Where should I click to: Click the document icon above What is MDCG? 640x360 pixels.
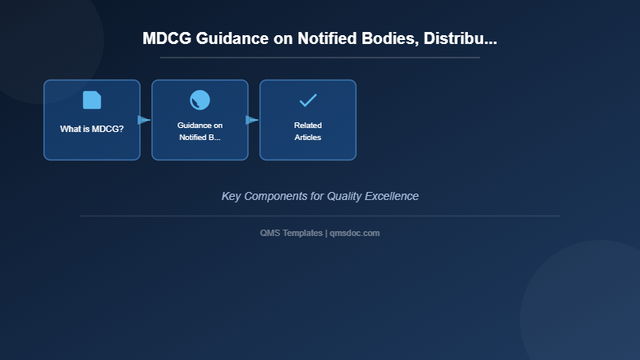[92, 100]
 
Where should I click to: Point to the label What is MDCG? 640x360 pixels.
[92, 129]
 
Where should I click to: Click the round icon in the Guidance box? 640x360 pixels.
[200, 100]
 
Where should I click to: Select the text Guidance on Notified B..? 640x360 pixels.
[200, 131]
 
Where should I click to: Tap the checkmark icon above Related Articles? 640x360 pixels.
[308, 100]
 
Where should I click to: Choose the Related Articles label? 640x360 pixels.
[308, 131]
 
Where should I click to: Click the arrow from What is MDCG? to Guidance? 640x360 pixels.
[144, 120]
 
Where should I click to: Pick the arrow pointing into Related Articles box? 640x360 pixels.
[252, 120]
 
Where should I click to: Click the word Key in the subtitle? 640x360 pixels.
[231, 196]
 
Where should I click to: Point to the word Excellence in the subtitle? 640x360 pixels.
[392, 196]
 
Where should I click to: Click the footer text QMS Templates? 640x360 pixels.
[292, 233]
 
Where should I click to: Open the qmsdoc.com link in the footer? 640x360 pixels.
[354, 233]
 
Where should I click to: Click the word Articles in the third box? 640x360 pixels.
[308, 138]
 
